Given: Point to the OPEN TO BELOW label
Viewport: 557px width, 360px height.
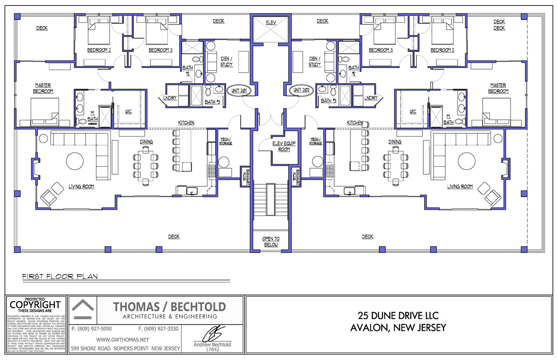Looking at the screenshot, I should [x=271, y=242].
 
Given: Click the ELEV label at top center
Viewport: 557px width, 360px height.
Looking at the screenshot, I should [x=271, y=22].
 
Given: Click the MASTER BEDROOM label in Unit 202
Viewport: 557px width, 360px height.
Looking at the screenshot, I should [x=498, y=88].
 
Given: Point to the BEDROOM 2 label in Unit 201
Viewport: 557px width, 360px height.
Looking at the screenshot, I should [x=99, y=50].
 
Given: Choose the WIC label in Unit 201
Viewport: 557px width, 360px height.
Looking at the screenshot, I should [x=129, y=111].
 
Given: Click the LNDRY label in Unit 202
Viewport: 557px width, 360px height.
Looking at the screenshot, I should [x=371, y=98].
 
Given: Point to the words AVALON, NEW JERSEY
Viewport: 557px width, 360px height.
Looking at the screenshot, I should [x=399, y=328].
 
